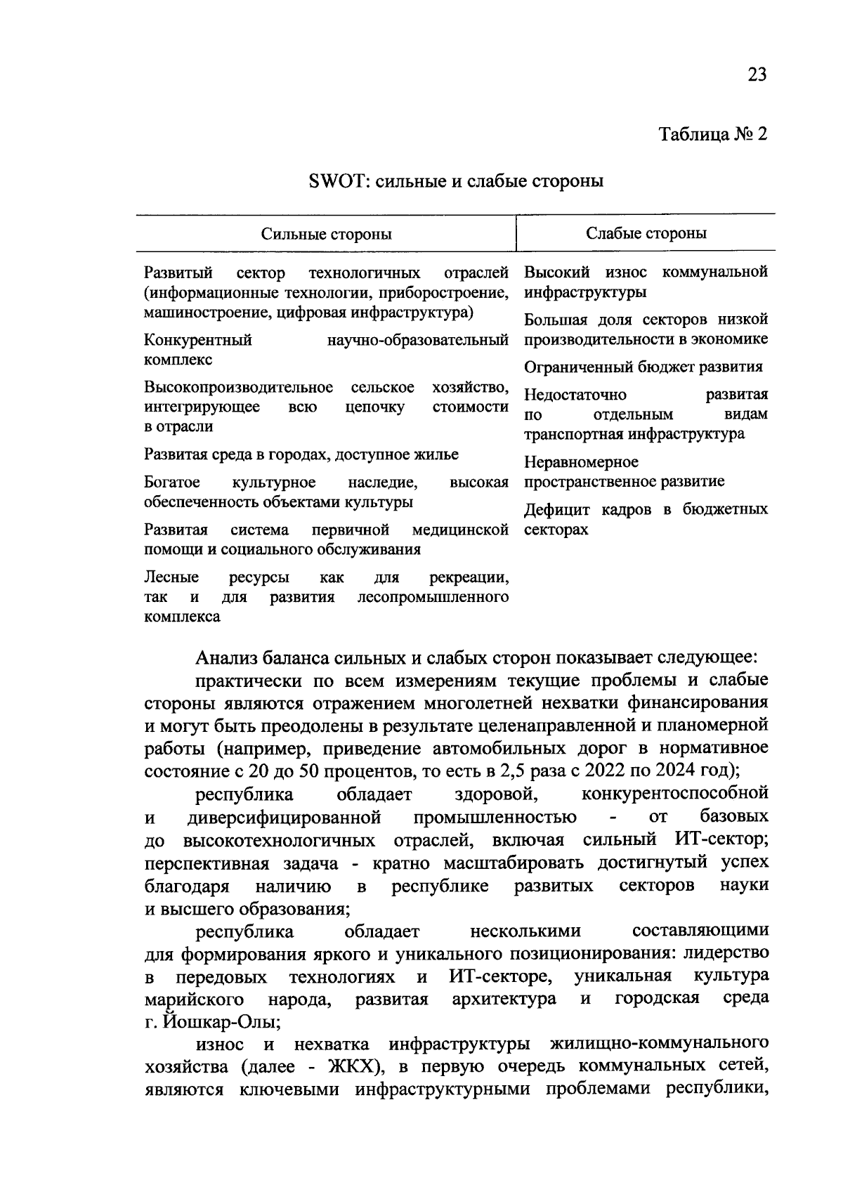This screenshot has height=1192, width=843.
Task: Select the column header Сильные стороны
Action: click(x=327, y=234)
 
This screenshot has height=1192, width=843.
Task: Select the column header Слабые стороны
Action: click(x=646, y=233)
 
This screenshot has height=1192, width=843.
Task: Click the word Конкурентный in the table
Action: click(x=198, y=341)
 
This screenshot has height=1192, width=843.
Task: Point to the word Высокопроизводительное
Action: click(x=238, y=387)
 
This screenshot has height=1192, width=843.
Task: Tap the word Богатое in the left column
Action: click(x=172, y=483)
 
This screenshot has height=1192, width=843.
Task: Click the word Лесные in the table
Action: click(x=171, y=577)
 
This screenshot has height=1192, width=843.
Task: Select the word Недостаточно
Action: click(x=575, y=395)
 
